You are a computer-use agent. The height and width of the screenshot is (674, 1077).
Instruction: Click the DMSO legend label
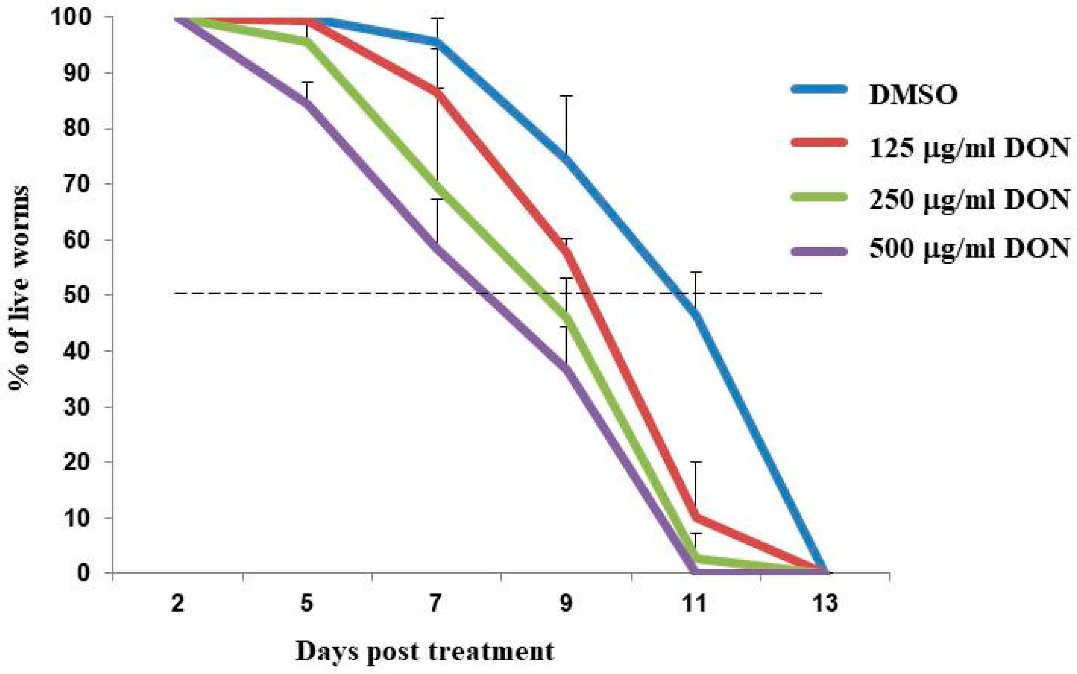(x=913, y=94)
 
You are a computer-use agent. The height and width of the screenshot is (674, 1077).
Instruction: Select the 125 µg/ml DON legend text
(x=969, y=149)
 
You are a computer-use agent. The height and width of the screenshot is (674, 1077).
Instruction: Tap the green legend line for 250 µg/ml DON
(x=819, y=197)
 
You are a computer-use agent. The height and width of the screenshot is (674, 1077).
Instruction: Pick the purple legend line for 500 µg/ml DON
(x=819, y=251)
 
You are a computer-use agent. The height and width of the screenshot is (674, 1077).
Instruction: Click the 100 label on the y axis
(x=77, y=18)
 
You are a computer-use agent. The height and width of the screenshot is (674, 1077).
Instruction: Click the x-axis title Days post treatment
(x=425, y=652)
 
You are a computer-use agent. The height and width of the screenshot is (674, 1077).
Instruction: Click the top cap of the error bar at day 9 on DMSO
(x=566, y=96)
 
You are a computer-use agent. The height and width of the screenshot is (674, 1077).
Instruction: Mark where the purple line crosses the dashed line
(x=486, y=294)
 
